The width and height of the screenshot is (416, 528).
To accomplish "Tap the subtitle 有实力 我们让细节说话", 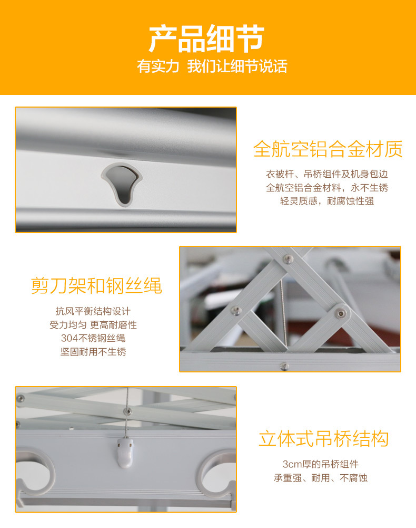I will tap(212, 67).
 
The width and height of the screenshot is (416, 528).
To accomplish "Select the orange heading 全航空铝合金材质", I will tap(328, 149).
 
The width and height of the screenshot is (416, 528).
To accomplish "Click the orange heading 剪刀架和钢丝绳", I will tap(96, 285).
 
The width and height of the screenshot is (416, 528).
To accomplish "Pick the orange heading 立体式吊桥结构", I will tap(324, 439).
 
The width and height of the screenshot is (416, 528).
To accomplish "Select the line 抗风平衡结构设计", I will tap(93, 311).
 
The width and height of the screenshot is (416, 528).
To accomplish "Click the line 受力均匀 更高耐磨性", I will tap(93, 325).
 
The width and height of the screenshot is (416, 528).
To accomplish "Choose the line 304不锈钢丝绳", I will tap(93, 338).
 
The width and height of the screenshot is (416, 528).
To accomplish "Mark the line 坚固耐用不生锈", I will tap(93, 352).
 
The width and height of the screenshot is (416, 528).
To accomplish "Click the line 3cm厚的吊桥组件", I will tap(320, 464).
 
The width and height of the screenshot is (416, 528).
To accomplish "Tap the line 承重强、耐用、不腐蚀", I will tap(320, 478).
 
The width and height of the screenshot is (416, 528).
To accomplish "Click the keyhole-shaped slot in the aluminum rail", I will tap(122, 183).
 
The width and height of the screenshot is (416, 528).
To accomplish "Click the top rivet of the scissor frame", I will tap(288, 258).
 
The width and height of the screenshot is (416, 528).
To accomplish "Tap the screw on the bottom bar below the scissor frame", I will tap(284, 366).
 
